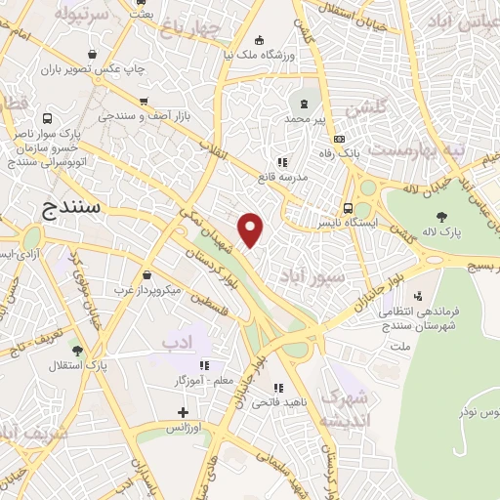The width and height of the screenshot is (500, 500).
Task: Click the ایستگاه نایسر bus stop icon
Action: coord(349,207)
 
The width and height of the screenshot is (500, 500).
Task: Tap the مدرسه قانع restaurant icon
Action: coord(282,162)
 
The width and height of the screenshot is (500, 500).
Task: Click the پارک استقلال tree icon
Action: coord(78,350)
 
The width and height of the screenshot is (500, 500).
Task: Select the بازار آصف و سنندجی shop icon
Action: coord(144,102)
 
